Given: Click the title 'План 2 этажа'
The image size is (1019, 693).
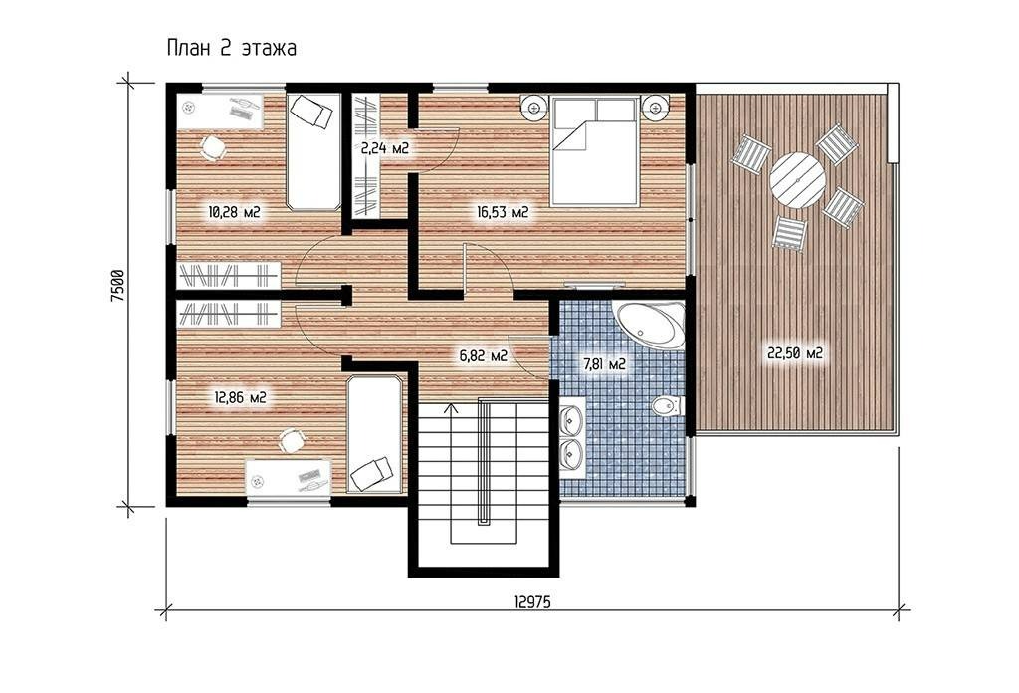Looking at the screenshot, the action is tap(231, 49).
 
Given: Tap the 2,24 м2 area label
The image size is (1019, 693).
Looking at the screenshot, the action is tap(385, 148).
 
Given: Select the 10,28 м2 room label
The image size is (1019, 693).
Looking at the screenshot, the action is tap(234, 211).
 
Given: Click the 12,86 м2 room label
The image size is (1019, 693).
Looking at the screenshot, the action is tap(240, 397).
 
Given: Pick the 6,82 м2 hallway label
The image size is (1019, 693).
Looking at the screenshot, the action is tap(483, 355).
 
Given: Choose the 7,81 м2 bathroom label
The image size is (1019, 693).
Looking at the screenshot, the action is tap(604, 364).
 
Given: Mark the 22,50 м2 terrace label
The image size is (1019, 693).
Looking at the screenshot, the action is tap(795, 353).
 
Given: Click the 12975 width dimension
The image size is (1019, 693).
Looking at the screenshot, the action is tap(532, 602).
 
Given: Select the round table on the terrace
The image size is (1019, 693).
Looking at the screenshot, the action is tap(797, 180).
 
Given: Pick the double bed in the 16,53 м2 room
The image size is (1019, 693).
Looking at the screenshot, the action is tap(593, 150).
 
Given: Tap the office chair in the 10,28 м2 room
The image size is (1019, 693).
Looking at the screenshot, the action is tap(212, 147).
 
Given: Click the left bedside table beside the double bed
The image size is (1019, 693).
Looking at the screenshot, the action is tap(534, 106).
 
